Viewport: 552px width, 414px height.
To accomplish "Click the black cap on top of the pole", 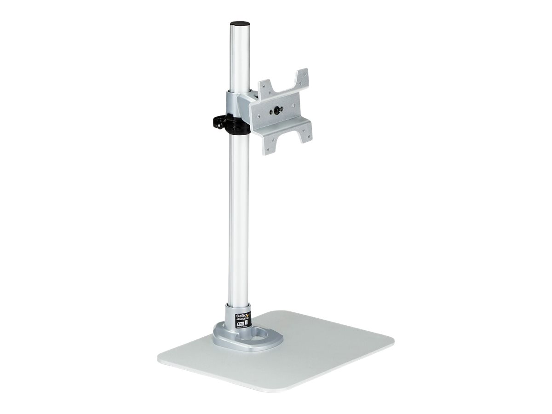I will pyautogui.click(x=240, y=23).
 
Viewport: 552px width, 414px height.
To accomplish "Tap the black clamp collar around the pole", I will pyautogui.click(x=238, y=126).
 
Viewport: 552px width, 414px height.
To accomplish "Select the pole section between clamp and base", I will pyautogui.click(x=239, y=216).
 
